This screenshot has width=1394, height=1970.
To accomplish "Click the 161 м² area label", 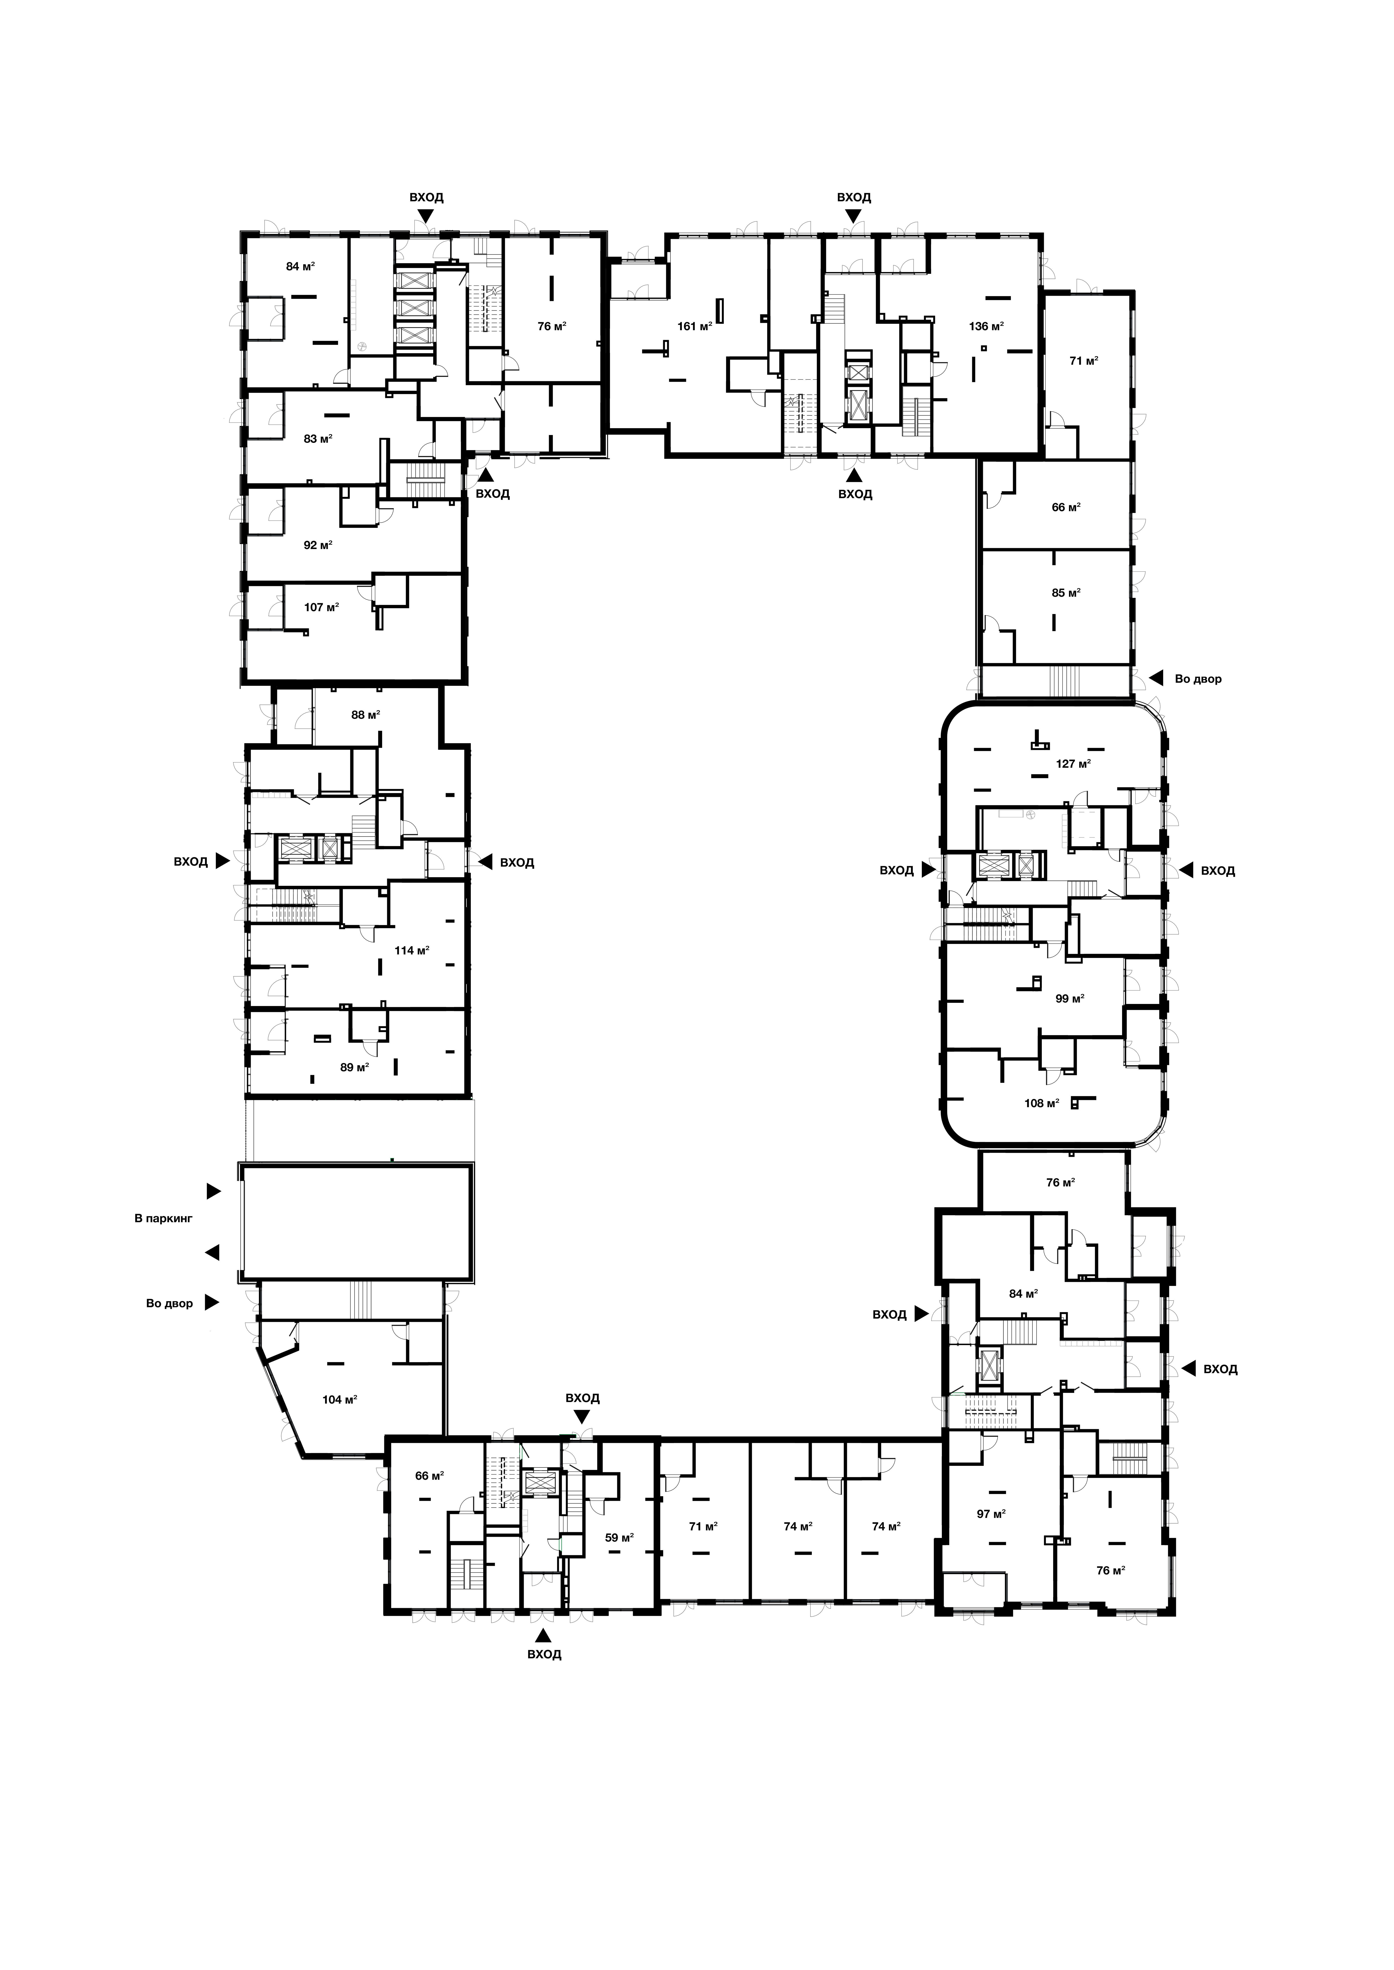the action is click(694, 326).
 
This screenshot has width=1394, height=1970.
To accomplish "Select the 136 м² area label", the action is click(986, 326).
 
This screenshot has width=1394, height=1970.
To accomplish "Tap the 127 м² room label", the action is click(1073, 764).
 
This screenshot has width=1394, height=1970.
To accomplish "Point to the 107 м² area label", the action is click(322, 607).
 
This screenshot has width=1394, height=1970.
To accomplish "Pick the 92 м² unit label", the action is click(318, 545).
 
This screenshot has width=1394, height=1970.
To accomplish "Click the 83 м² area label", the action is click(318, 438).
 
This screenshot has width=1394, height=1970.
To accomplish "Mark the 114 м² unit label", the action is click(412, 950).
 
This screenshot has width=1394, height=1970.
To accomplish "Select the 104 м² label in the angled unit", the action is click(340, 1400).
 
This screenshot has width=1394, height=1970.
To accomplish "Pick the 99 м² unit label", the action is click(1070, 998).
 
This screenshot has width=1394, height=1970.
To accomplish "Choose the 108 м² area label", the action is click(1042, 1103).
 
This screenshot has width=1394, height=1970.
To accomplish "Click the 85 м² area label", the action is click(1066, 592).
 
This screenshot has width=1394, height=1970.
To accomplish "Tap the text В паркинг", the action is click(164, 1218).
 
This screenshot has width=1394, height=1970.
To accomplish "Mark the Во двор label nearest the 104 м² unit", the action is click(170, 1303).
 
